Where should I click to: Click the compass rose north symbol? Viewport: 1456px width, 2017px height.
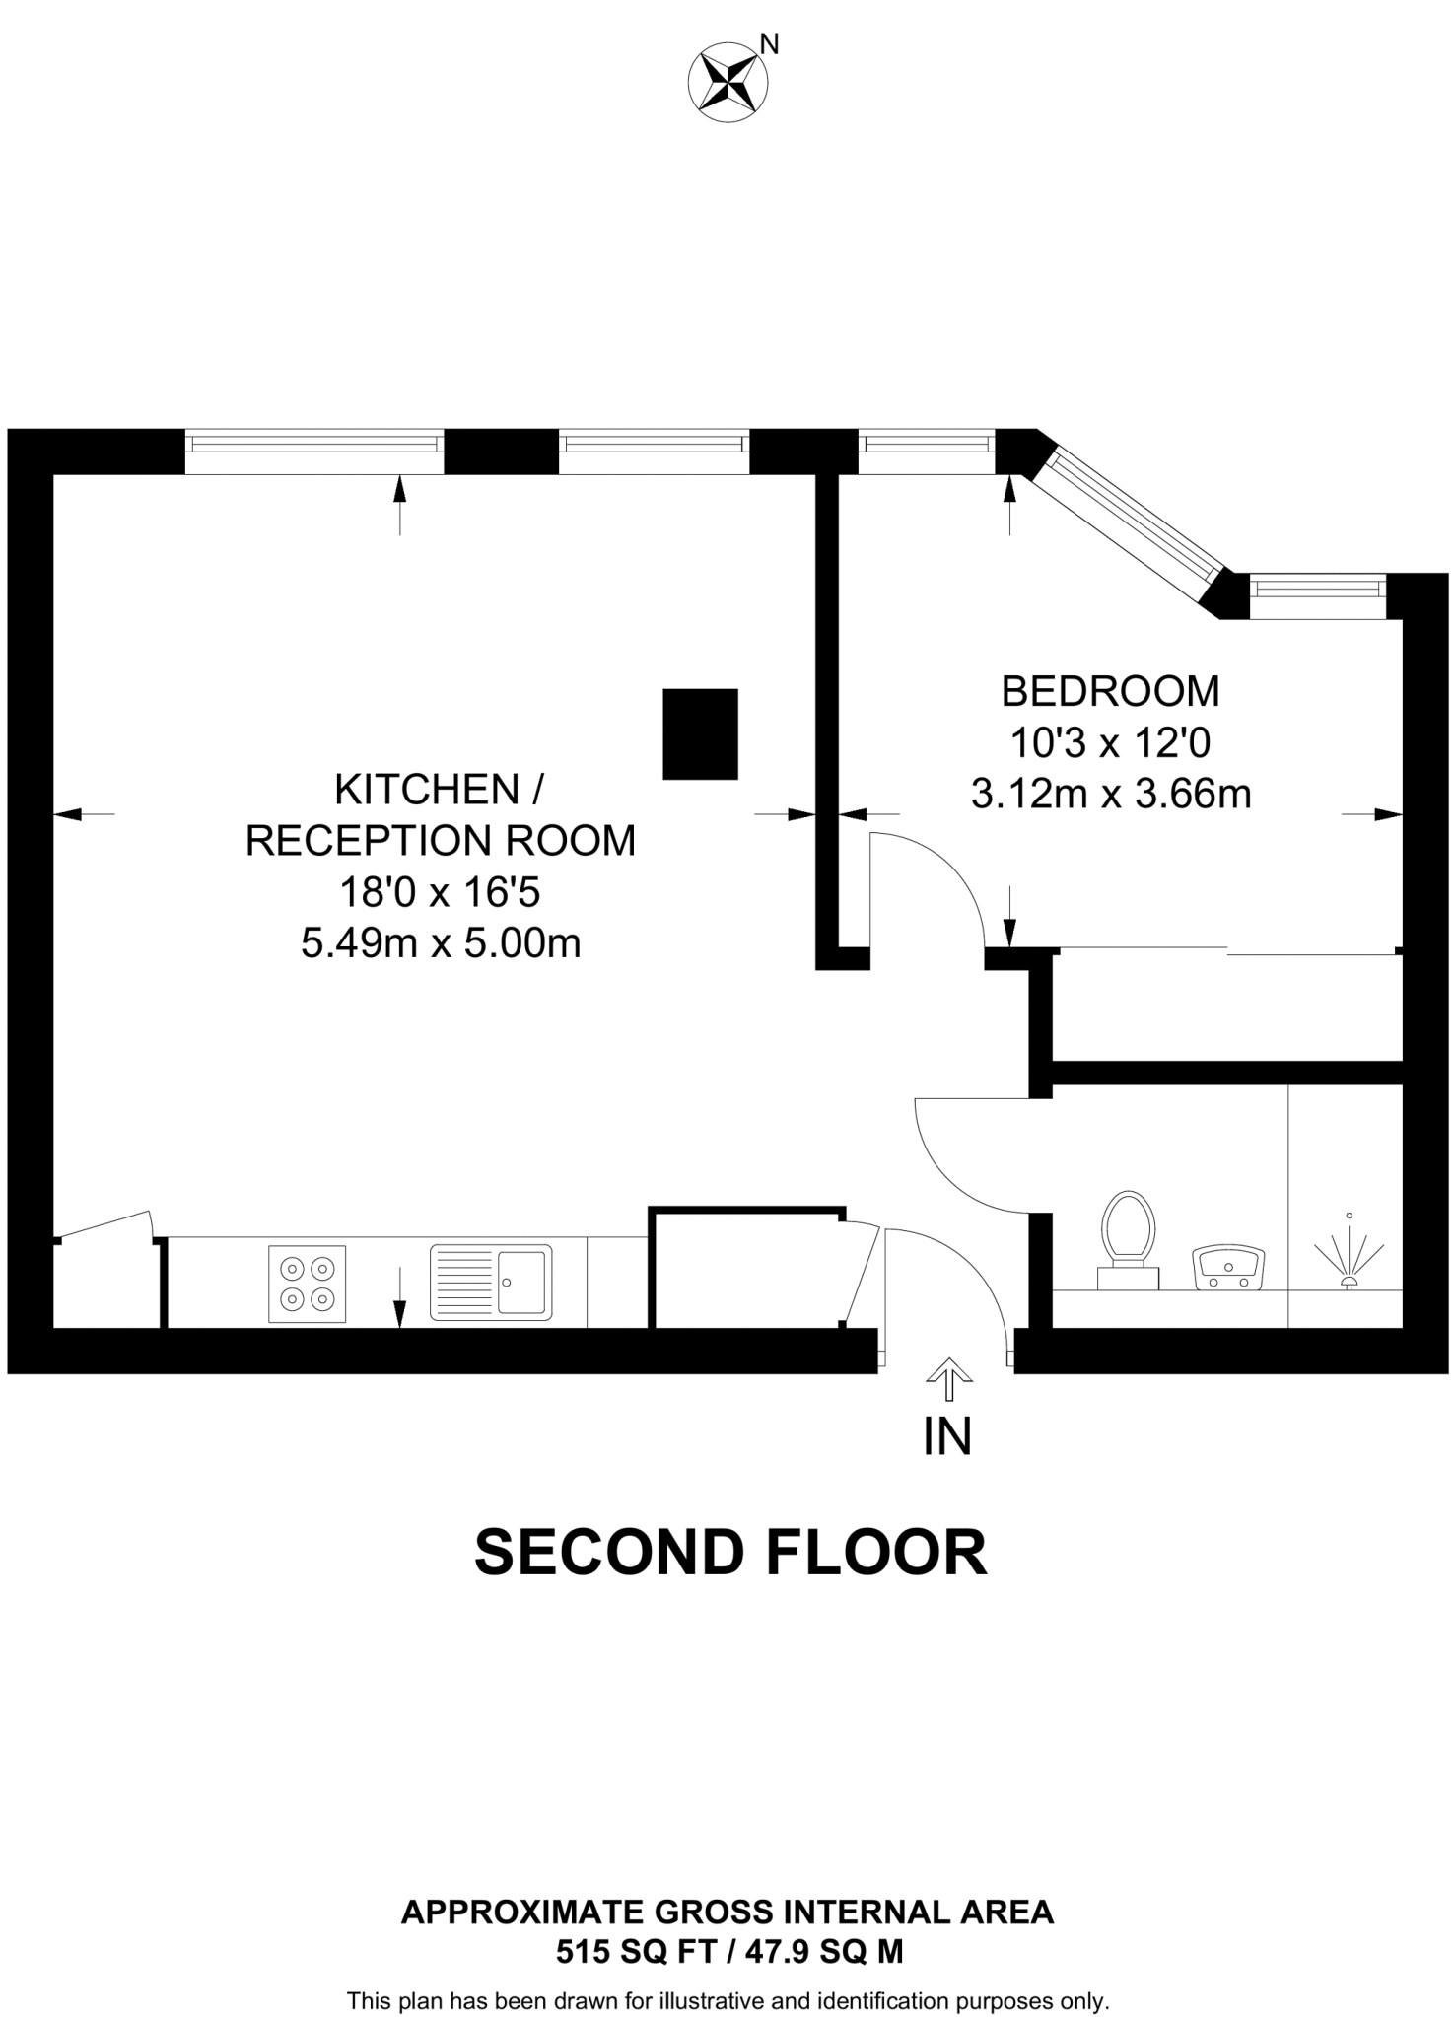coord(728,83)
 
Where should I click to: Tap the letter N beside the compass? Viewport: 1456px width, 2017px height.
coord(770,43)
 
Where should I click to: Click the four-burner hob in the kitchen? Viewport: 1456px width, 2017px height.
coord(307,1284)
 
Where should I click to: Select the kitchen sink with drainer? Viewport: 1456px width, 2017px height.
coord(490,1282)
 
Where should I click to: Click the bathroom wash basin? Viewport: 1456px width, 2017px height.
coord(1227,1268)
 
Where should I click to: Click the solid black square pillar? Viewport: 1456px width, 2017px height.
coord(700,734)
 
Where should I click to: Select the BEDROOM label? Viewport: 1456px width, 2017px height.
coord(1110,691)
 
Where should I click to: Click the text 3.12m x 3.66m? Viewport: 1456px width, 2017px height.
coord(1110,794)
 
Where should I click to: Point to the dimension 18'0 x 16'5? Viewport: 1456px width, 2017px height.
coord(440,893)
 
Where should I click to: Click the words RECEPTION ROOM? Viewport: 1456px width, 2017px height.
coord(440,841)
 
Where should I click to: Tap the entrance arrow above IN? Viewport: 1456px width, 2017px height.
coord(948,1378)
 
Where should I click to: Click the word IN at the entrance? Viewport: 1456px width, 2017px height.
coord(947,1436)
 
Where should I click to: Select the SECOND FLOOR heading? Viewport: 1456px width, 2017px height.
coord(729,1553)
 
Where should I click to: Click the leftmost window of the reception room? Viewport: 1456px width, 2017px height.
coord(314,445)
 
